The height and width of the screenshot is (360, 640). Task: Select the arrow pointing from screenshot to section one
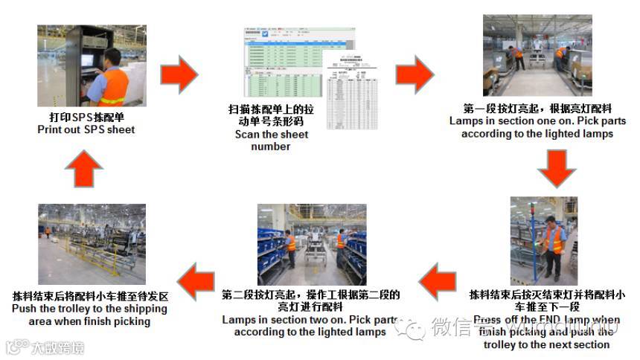[x=414, y=74]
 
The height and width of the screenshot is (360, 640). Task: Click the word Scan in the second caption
[x=248, y=135]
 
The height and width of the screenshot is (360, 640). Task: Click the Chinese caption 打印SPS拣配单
[x=86, y=118]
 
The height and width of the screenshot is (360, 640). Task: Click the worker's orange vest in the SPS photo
[x=115, y=85]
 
